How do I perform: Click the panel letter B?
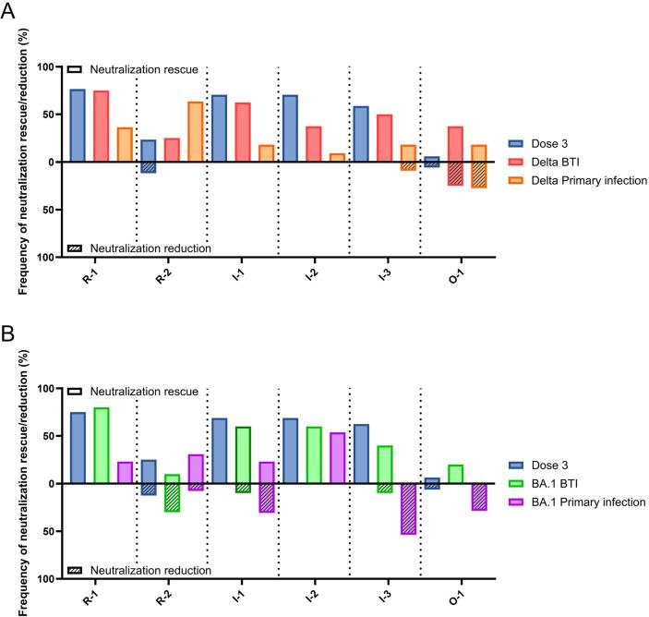pyautogui.click(x=9, y=331)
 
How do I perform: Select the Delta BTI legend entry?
pyautogui.click(x=551, y=162)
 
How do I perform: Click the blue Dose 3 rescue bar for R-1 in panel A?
pyautogui.click(x=78, y=126)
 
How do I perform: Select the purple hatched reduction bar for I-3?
pyautogui.click(x=407, y=508)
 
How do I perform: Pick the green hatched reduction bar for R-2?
pyautogui.click(x=172, y=497)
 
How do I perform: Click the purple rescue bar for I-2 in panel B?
pyautogui.click(x=336, y=458)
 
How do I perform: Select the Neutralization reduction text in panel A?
pyautogui.click(x=150, y=248)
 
